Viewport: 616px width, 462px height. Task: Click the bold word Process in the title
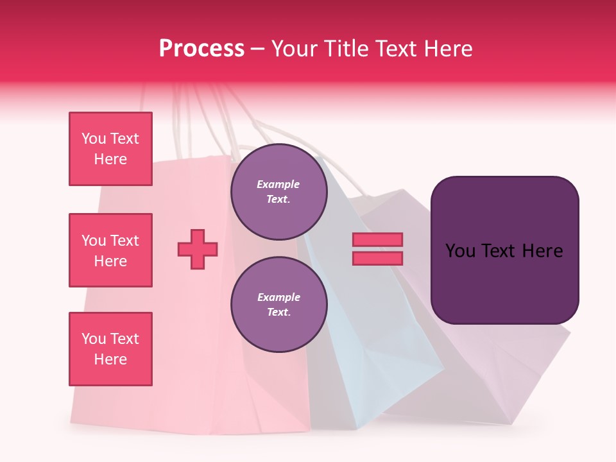[x=201, y=49]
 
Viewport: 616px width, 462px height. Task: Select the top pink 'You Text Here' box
[x=110, y=149]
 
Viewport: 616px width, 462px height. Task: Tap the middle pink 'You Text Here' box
[x=110, y=250]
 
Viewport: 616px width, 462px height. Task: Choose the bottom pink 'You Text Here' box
[x=110, y=349]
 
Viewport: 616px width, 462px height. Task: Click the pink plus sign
[x=198, y=249]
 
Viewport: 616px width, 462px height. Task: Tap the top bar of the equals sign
[x=377, y=239]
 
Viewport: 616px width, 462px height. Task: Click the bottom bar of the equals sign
[x=377, y=258]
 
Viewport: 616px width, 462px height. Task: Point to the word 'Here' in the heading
[x=449, y=49]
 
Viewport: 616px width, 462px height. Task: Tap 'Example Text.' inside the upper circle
[x=278, y=192]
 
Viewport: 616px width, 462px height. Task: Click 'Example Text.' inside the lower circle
[x=278, y=305]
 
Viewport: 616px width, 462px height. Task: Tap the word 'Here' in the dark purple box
[x=542, y=251]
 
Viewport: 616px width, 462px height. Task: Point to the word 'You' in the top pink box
[x=94, y=139]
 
